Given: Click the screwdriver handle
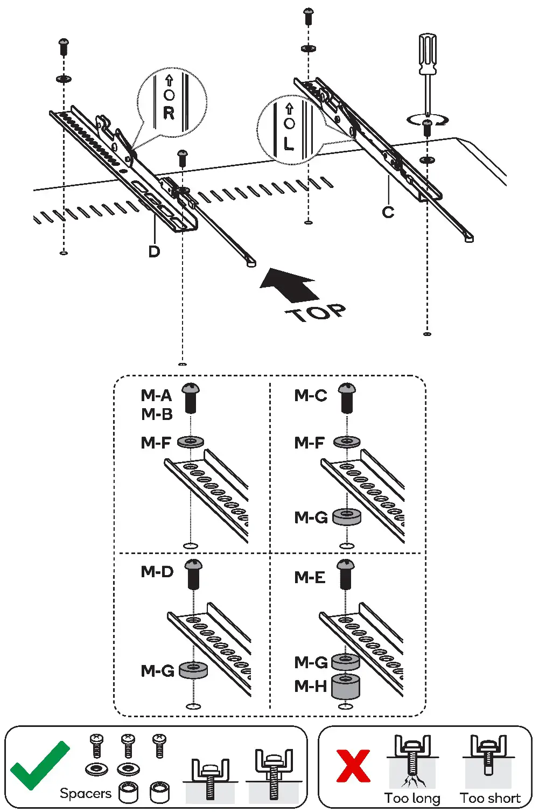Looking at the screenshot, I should (x=428, y=54).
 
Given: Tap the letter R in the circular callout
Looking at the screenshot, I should (x=169, y=113).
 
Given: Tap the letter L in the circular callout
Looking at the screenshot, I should (x=289, y=144).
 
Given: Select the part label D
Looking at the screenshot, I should (x=154, y=251).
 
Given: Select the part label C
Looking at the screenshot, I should (x=388, y=212).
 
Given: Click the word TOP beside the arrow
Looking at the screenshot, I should (x=316, y=312).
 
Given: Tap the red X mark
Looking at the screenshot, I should (x=353, y=766).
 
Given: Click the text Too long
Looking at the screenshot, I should (x=412, y=798).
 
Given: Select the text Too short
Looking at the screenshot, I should (x=490, y=798).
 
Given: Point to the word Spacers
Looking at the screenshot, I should (x=85, y=793).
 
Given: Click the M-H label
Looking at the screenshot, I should (x=311, y=686).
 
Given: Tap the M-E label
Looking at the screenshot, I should (x=310, y=578).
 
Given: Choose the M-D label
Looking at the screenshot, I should (x=157, y=571).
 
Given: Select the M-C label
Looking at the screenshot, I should (x=310, y=396).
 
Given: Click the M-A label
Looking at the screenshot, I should (x=156, y=396).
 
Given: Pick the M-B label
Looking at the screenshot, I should (x=157, y=415).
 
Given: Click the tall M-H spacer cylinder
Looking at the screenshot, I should (x=346, y=687).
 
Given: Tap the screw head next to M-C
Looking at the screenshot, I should (x=347, y=389).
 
